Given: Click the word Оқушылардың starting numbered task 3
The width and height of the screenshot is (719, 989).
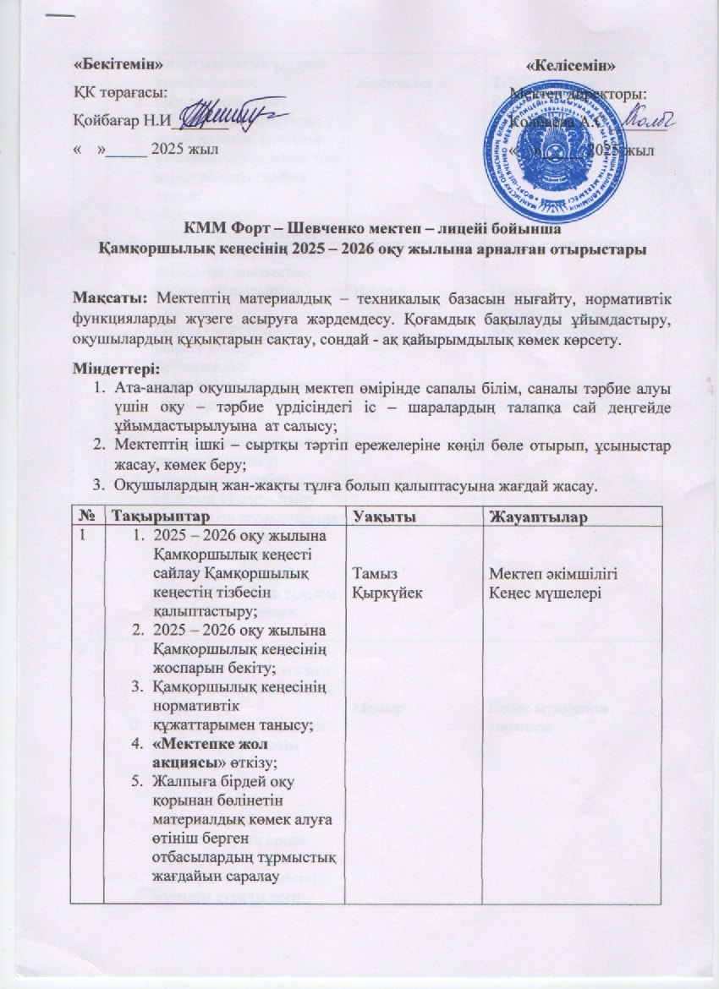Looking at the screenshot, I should click(162, 489).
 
